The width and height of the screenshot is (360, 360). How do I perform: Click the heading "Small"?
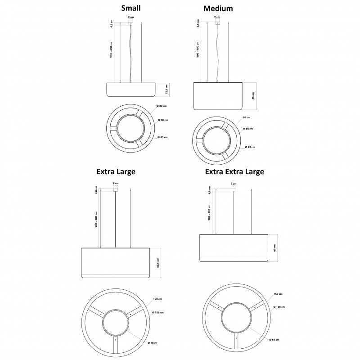(x=131, y=8)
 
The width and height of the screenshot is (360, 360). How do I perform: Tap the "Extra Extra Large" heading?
(x=234, y=171)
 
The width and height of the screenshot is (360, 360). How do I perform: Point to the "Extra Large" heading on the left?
(x=116, y=171)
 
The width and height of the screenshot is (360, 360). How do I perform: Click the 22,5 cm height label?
(x=166, y=90)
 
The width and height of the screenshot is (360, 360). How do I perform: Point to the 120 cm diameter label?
(x=157, y=299)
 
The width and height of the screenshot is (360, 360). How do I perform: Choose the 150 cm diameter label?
(x=278, y=294)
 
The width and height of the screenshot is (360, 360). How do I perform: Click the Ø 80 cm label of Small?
(x=162, y=106)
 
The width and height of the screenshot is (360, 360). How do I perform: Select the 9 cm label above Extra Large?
(x=116, y=184)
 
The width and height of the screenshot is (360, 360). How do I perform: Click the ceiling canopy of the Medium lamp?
(x=217, y=21)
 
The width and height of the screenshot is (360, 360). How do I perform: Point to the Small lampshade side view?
(x=131, y=90)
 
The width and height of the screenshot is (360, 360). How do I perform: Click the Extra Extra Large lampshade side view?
(x=234, y=248)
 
